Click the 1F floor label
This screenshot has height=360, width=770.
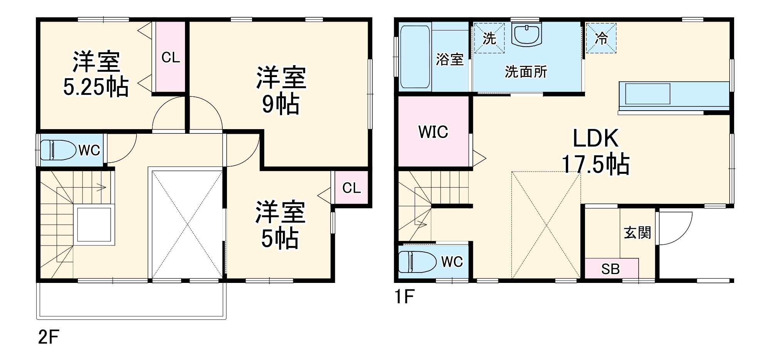[404, 297]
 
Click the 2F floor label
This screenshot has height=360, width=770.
[49, 338]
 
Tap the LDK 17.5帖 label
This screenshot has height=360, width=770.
[595, 151]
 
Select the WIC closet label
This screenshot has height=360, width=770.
[433, 132]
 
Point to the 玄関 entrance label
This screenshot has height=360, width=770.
[637, 233]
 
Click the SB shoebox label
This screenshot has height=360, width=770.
[610, 269]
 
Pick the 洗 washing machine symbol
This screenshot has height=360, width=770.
[489, 38]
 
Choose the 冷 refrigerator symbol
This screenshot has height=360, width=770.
[601, 38]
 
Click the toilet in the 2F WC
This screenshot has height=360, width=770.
[58, 150]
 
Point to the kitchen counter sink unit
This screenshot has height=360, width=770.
[647, 94]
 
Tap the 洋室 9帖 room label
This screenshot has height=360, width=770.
[281, 90]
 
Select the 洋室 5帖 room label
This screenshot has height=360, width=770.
[280, 224]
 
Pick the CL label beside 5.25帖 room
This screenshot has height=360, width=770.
[170, 57]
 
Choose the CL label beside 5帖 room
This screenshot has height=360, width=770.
[351, 188]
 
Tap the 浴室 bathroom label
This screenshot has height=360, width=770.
[450, 59]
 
